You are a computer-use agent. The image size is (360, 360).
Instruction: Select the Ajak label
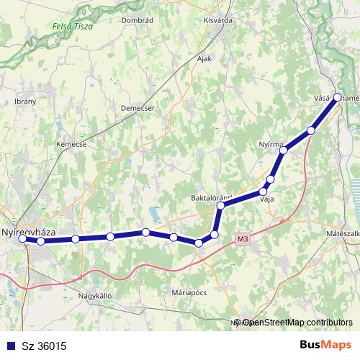click(204, 59)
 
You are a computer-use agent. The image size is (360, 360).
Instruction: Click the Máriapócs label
click(189, 293)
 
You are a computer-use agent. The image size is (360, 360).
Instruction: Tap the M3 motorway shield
click(243, 238)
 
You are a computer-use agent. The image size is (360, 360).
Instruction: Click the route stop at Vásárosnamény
click(337, 96)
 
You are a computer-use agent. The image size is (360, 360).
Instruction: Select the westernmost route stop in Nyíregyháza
click(23, 239)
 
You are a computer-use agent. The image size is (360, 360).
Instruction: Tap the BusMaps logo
click(325, 345)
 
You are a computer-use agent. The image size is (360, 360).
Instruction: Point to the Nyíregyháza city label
click(29, 233)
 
